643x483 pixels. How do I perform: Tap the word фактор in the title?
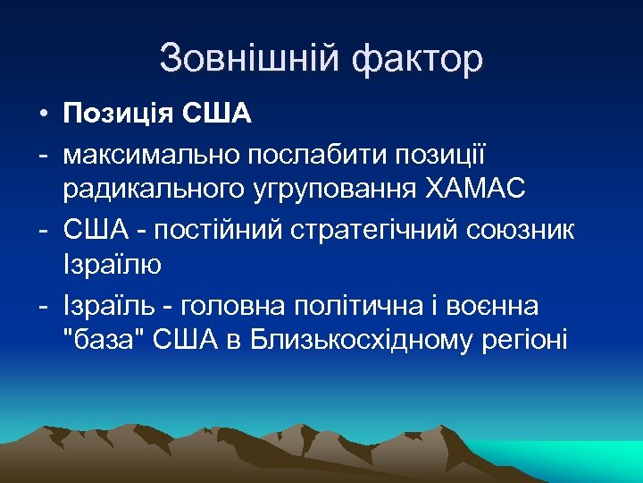[418, 60]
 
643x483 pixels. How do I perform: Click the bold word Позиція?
[118, 114]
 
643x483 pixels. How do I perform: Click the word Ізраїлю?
[112, 266]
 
